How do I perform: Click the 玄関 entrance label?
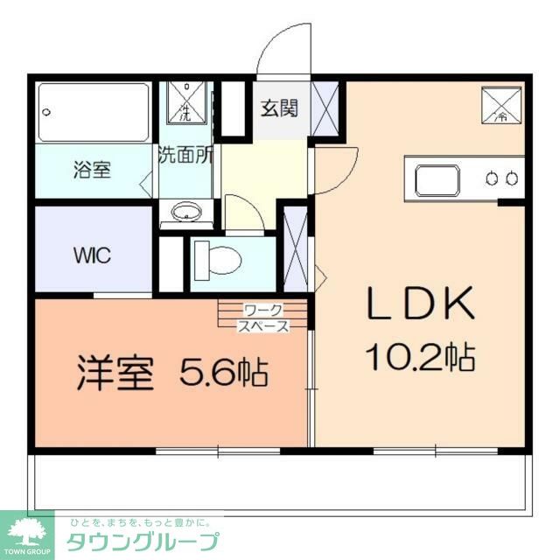tap(279, 108)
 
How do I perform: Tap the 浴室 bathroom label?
tap(91, 170)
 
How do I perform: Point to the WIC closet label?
tap(91, 257)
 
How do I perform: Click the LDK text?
tap(420, 304)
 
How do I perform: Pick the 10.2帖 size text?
tap(420, 356)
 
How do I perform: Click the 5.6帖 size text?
tap(223, 374)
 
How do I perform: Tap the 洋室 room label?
tap(115, 374)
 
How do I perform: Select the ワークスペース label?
tap(263, 318)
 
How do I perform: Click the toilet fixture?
tap(220, 260)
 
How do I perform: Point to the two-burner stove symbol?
tap(502, 179)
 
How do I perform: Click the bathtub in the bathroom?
tap(94, 112)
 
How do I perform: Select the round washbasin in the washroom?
tap(185, 213)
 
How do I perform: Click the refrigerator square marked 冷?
tap(500, 105)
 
